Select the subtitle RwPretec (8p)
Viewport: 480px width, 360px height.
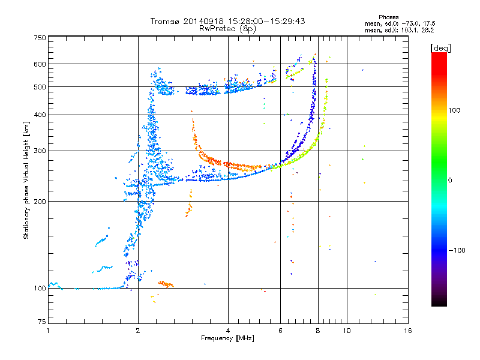(x=227, y=29)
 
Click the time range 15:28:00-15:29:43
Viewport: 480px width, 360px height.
(x=266, y=21)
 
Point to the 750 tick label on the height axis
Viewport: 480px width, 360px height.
(x=40, y=38)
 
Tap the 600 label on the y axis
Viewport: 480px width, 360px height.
(x=40, y=64)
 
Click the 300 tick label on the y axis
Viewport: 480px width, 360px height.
(x=40, y=151)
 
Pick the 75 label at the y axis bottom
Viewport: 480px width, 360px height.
(x=42, y=322)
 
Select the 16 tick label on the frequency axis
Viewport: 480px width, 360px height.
(x=408, y=331)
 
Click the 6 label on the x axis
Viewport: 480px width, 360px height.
(x=280, y=331)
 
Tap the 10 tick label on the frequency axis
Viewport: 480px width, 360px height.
(x=347, y=331)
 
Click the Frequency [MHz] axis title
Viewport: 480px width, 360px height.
(x=227, y=338)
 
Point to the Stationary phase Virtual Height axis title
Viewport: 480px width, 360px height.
(x=26, y=180)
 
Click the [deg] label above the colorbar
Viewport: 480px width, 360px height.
(x=440, y=48)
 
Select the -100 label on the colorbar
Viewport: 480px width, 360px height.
(x=457, y=250)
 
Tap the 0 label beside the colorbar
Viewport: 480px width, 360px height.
(x=450, y=180)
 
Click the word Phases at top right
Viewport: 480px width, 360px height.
(x=388, y=17)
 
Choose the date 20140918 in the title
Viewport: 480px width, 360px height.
(x=203, y=21)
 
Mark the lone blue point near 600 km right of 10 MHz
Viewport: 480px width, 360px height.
(x=363, y=70)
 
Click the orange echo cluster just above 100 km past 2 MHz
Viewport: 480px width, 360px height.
(x=166, y=284)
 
